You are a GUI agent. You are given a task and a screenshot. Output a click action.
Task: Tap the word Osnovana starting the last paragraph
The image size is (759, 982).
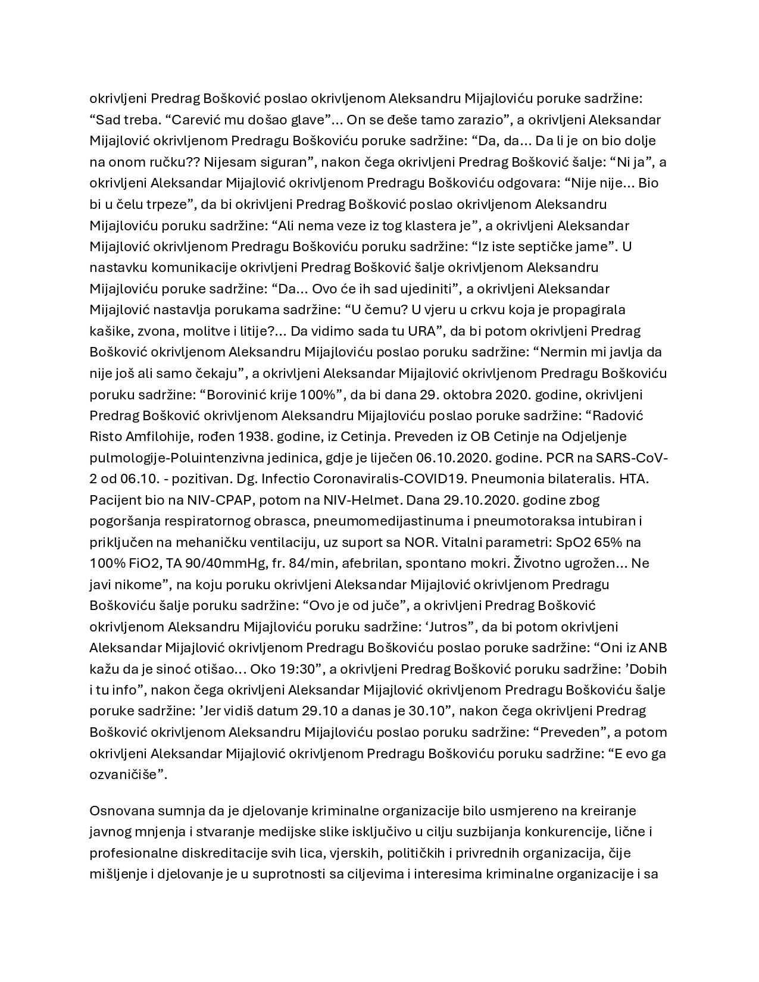point(118,811)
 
